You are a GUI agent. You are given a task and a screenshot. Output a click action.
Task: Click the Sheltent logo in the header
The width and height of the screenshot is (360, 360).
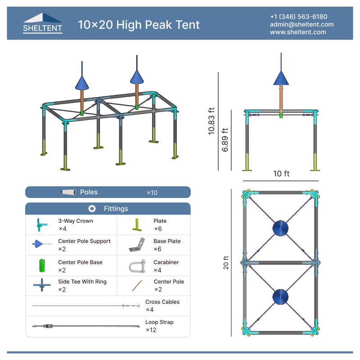coord(43,23)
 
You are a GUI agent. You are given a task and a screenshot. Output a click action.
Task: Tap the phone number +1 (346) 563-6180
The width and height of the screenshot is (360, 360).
coord(298,17)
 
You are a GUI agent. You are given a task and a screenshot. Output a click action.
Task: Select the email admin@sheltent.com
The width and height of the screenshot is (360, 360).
coord(301,24)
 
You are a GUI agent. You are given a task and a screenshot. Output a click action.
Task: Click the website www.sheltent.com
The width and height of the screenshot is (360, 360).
coord(298,32)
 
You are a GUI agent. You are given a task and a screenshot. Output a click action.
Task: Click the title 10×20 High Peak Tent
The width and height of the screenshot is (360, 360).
coord(139,24)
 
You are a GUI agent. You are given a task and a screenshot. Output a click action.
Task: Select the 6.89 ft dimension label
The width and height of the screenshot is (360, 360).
coord(225,140)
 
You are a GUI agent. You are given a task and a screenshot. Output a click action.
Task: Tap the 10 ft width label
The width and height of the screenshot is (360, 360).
coord(281,174)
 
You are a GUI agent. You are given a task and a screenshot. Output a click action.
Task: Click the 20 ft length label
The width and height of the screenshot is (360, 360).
coord(226,262)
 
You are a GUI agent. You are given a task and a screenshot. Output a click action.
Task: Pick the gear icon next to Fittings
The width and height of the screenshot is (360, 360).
coord(92,209)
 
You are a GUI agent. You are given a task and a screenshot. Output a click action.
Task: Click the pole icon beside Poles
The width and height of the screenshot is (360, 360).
coord(68,192)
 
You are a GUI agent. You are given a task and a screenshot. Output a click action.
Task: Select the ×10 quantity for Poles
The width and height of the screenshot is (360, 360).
coord(152,193)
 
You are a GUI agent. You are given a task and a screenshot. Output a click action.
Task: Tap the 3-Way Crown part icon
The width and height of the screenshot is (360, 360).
coord(41,225)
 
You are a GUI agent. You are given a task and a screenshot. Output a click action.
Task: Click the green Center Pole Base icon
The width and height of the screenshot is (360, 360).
coord(41,265)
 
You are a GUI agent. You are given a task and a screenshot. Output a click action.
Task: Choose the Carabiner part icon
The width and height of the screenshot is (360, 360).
coord(137,265)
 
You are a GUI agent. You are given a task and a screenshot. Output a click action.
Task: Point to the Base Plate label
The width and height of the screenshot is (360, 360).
coord(167,241)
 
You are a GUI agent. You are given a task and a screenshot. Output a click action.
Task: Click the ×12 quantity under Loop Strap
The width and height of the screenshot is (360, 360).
coord(151,330)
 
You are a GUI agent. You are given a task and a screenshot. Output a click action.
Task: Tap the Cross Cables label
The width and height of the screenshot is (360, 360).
coord(162,302)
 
